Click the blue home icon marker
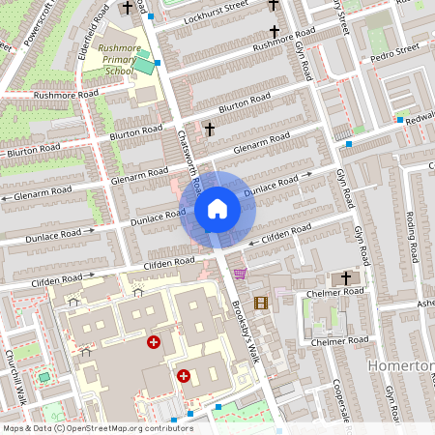tap(217, 209)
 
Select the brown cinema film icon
tap(260, 303)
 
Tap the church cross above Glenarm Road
tap(209, 128)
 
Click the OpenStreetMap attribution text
tap(97, 427)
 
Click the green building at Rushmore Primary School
tap(144, 66)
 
